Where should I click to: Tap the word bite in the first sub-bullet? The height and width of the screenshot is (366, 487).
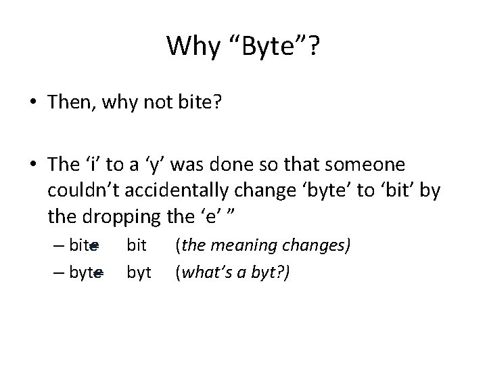pyautogui.click(x=83, y=245)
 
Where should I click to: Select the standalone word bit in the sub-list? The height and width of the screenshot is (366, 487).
pyautogui.click(x=137, y=245)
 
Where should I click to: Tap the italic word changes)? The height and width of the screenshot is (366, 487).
pyautogui.click(x=318, y=245)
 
